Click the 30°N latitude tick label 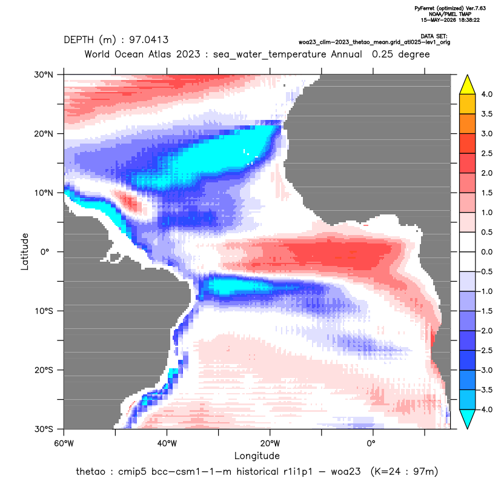coord(44,75)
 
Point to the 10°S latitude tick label coord(44,311)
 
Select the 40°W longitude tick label coord(167,443)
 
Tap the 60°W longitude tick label coord(64,443)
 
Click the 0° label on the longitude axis coord(371,443)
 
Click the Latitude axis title coord(25,251)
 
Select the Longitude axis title coord(257,456)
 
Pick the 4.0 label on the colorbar coord(486,94)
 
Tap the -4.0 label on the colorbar coord(485,409)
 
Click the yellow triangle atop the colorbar coord(468,85)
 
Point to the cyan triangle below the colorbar coord(468,419)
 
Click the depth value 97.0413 coord(149,40)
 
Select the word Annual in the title coord(346,55)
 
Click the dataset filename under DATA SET coord(374,42)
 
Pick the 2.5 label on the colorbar coord(486,153)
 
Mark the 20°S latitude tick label coord(44,370)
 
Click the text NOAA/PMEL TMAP coord(450,14)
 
